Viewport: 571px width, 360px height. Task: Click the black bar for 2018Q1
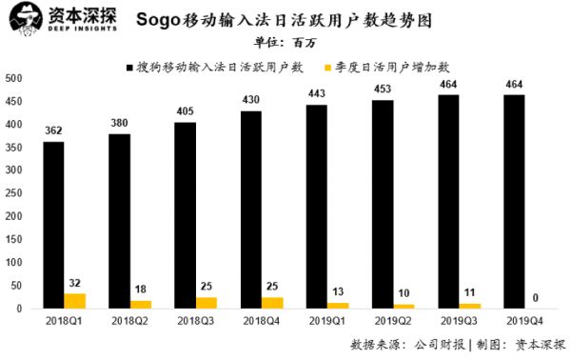[53, 225]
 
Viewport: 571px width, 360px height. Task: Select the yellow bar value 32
[76, 282]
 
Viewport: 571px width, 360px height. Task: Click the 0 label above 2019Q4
[537, 298]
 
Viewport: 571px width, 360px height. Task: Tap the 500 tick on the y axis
[12, 78]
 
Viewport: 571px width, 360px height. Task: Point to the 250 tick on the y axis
[12, 193]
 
